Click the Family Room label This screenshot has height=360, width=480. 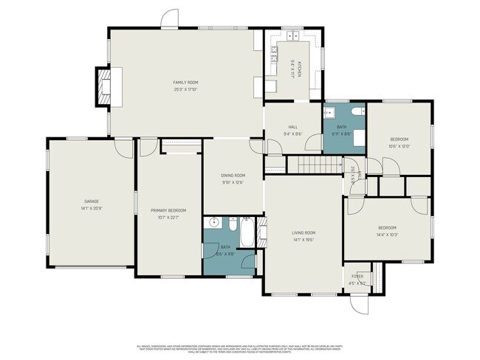pyautogui.click(x=185, y=82)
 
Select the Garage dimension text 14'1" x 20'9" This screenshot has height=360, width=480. pyautogui.click(x=91, y=208)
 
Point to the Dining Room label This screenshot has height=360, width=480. pyautogui.click(x=232, y=175)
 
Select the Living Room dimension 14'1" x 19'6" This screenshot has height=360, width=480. pyautogui.click(x=303, y=240)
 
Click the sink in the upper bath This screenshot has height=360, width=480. pyautogui.click(x=330, y=113)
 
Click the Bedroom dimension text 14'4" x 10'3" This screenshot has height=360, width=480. pyautogui.click(x=387, y=235)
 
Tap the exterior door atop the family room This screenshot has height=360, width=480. pyautogui.click(x=170, y=21)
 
